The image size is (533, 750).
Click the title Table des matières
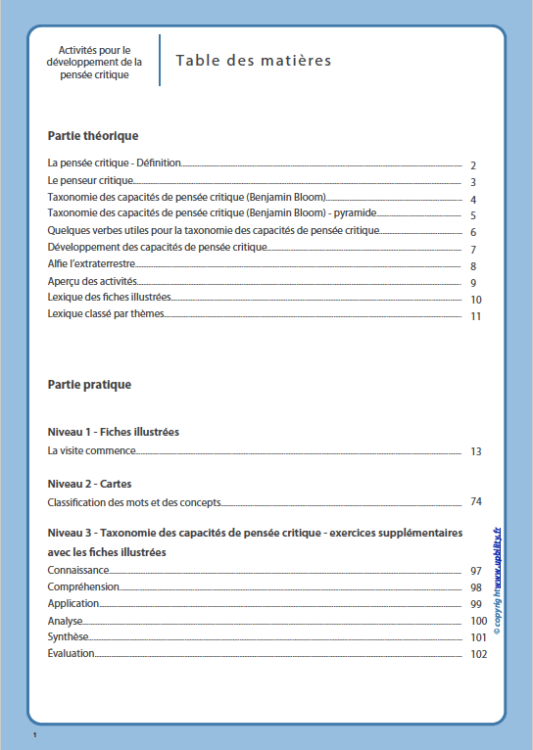coord(254,61)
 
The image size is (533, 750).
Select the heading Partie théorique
coord(93,136)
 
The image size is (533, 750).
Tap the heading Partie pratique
coord(89,385)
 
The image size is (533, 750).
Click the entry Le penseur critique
coord(90,182)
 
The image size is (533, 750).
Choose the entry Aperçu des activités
coord(92,282)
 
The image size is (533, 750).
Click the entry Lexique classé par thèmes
coord(105,315)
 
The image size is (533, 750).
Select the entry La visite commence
coord(91,451)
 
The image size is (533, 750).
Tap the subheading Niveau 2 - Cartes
coord(89,484)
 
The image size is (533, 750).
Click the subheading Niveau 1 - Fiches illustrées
coord(113,432)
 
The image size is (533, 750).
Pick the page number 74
coord(476,502)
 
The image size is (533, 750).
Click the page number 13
coord(476,452)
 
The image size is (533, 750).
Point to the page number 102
coord(478,655)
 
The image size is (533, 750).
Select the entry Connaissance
coord(78,570)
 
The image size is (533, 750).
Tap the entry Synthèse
coord(69,636)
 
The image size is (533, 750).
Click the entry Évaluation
coord(71,653)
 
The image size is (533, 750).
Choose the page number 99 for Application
coord(476,604)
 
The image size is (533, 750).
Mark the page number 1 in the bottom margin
coord(34,733)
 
